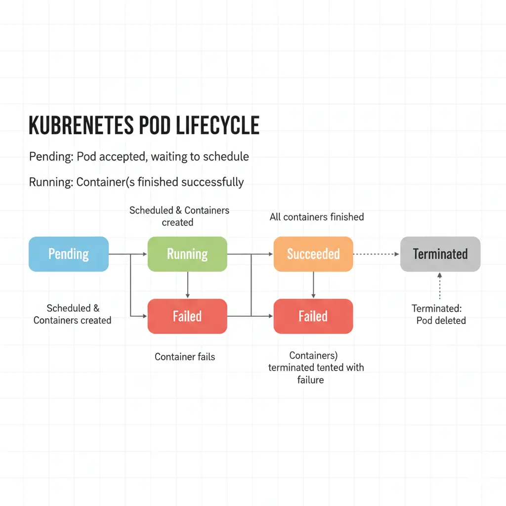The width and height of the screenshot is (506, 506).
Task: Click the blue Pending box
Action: (x=68, y=254)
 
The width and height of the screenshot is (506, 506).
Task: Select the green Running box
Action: (x=187, y=254)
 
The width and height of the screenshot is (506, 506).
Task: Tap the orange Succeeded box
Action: (x=313, y=254)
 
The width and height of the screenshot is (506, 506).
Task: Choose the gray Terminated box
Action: (x=440, y=254)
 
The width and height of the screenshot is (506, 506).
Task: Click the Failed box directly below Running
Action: (x=187, y=316)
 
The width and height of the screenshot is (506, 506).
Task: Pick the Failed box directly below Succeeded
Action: (x=313, y=316)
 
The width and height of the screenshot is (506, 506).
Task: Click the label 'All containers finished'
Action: (x=317, y=217)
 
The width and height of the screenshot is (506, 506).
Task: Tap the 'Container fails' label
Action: (x=185, y=357)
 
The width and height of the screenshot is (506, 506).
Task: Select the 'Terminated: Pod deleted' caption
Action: (x=439, y=314)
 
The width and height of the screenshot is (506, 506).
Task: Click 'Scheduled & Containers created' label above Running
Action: (x=179, y=216)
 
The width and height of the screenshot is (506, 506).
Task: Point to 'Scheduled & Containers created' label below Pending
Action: (x=73, y=314)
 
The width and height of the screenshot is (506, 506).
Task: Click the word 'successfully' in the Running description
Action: (x=212, y=182)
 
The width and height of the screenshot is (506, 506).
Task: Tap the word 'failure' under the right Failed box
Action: (x=310, y=380)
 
